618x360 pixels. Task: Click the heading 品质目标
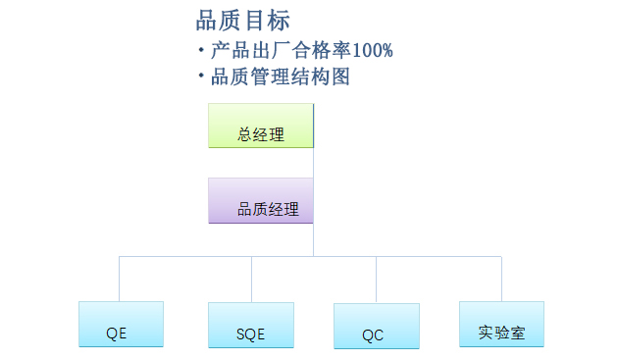tap(242, 21)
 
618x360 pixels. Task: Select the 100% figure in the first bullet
tap(374, 50)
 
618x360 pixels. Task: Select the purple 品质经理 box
tap(261, 200)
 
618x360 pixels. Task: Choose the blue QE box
tap(121, 324)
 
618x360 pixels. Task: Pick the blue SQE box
tap(251, 325)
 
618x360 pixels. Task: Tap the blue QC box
tap(376, 326)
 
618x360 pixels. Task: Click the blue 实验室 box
tap(501, 324)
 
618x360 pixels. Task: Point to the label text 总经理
tap(261, 134)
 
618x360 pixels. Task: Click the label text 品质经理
tap(268, 209)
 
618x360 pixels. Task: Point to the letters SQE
tap(251, 334)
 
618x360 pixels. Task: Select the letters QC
tap(373, 335)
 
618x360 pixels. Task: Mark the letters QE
tap(117, 333)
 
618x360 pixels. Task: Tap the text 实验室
tap(501, 333)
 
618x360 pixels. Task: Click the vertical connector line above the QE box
tap(120, 280)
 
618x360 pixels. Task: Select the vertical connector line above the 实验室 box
tap(501, 280)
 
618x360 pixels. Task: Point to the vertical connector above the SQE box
tap(251, 280)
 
